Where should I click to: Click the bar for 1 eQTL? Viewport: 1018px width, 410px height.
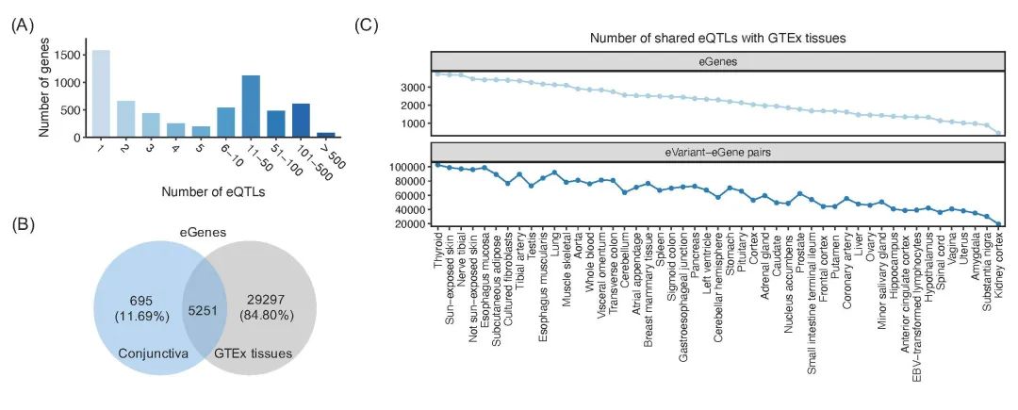coord(101,93)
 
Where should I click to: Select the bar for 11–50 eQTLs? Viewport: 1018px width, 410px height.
coord(251,106)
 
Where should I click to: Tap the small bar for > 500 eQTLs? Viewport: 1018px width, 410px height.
coord(326,135)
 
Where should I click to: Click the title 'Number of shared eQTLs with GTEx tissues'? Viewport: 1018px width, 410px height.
coord(715,39)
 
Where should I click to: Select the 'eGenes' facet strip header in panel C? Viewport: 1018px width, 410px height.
coord(715,60)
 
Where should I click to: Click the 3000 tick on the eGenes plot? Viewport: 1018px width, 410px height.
coord(416,87)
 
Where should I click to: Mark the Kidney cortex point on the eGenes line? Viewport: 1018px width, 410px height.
coord(997,133)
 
